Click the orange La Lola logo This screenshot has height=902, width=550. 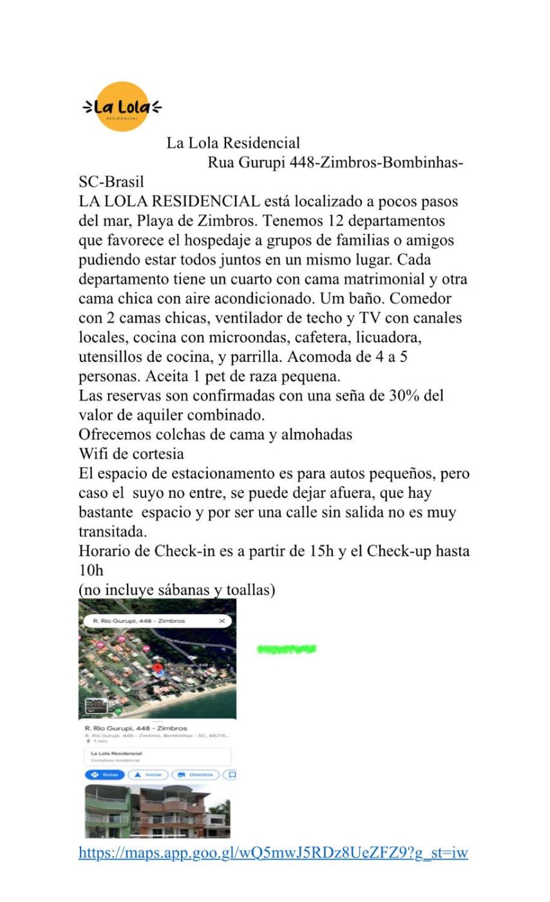[122, 107]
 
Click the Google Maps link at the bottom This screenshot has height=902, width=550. [272, 853]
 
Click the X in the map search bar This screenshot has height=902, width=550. [222, 621]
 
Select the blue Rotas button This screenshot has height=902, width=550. [105, 775]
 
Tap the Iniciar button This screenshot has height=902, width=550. [148, 775]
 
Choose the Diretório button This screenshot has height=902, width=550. [196, 775]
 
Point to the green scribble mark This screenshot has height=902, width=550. [286, 649]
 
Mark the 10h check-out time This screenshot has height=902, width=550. [91, 571]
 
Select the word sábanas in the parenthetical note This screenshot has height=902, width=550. [184, 590]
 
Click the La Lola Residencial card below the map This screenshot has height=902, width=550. [157, 756]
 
